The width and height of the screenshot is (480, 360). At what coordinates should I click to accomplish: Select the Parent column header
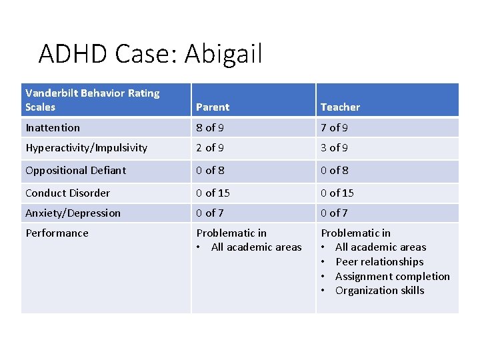coord(213,107)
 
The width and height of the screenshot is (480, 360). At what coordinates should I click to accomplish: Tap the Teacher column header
coord(340,107)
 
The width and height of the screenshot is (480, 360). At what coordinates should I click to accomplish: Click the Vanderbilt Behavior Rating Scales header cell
coord(92,100)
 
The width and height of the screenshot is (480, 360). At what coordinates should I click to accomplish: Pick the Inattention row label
coord(53,127)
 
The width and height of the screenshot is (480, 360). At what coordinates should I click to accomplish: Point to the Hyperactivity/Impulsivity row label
coord(86,147)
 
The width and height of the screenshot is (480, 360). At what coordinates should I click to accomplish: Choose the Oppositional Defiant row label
coord(75,170)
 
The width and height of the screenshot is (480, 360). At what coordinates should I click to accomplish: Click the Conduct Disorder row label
coord(67,193)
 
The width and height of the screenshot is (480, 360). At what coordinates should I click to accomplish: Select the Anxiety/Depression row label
coord(73,213)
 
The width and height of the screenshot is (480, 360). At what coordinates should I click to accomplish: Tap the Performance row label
coord(57,233)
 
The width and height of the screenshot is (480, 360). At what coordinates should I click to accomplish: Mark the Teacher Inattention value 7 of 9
coord(334,127)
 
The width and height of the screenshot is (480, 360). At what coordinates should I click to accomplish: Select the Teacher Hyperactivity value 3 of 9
coord(334,147)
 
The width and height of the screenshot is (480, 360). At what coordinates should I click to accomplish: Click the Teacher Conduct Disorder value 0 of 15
coord(337,193)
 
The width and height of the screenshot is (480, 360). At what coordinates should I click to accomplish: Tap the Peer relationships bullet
coord(379,261)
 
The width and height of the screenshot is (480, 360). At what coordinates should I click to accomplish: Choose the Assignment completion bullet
coord(392,276)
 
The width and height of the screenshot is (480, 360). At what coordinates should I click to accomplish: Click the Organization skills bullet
coord(379,290)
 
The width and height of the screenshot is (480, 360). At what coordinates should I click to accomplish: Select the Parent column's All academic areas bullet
coord(256,247)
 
